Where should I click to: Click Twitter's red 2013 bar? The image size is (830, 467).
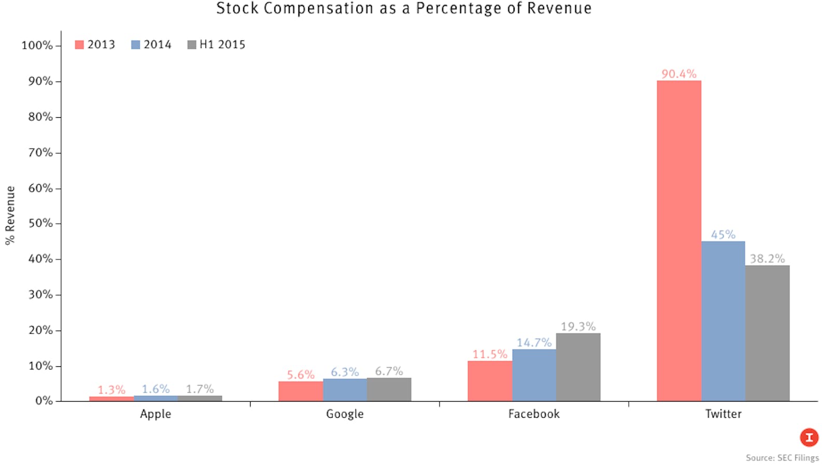tap(679, 241)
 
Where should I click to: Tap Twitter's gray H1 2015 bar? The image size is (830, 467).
tap(767, 333)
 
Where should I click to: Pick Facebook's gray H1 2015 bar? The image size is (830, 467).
tap(578, 367)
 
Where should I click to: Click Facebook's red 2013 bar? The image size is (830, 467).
tap(490, 381)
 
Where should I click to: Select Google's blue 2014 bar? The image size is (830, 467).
tap(345, 390)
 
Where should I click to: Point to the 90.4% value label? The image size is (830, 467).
tap(679, 74)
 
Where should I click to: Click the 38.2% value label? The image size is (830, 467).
tap(767, 258)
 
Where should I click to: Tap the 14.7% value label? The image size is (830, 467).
tap(534, 342)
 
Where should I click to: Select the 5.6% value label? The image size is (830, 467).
tap(301, 375)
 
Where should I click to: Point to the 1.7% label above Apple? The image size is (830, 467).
tap(200, 389)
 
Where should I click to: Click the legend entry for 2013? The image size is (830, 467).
tap(95, 45)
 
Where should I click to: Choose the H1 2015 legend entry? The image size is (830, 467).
tap(216, 45)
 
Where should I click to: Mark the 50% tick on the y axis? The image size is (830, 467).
tap(40, 223)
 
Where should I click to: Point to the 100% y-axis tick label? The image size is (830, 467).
tap(37, 45)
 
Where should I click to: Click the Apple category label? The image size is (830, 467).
tap(155, 414)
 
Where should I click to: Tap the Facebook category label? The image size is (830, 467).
tap(534, 414)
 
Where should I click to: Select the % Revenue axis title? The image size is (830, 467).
tap(10, 215)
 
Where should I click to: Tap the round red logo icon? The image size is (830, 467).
tap(809, 437)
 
